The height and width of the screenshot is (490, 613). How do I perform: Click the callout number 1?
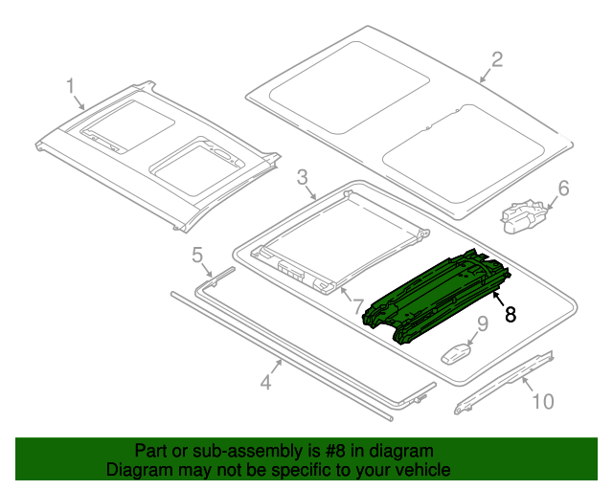[x=71, y=87]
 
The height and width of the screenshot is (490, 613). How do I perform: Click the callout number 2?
[x=496, y=60]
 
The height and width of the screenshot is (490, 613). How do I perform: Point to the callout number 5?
[x=197, y=255]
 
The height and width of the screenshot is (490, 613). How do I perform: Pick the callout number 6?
[x=563, y=189]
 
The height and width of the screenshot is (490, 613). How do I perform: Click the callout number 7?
[x=357, y=306]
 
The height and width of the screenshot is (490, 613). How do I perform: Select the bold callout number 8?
[x=511, y=314]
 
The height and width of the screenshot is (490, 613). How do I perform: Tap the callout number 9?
[x=482, y=323]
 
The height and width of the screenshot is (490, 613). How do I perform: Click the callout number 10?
[x=542, y=401]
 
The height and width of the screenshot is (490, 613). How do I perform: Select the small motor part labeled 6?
[x=525, y=214]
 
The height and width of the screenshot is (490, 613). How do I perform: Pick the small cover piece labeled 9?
[x=459, y=351]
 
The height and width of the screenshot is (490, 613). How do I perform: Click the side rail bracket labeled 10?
[x=504, y=383]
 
